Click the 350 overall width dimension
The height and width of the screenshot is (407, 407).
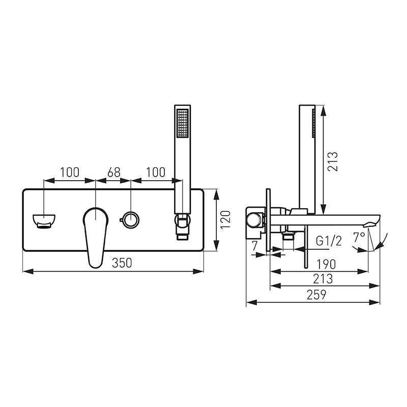(122, 263)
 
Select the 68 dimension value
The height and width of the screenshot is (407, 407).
(114, 172)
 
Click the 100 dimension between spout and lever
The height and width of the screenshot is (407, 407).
(70, 172)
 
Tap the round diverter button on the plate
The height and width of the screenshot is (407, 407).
(130, 220)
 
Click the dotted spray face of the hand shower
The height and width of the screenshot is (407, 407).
(182, 123)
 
